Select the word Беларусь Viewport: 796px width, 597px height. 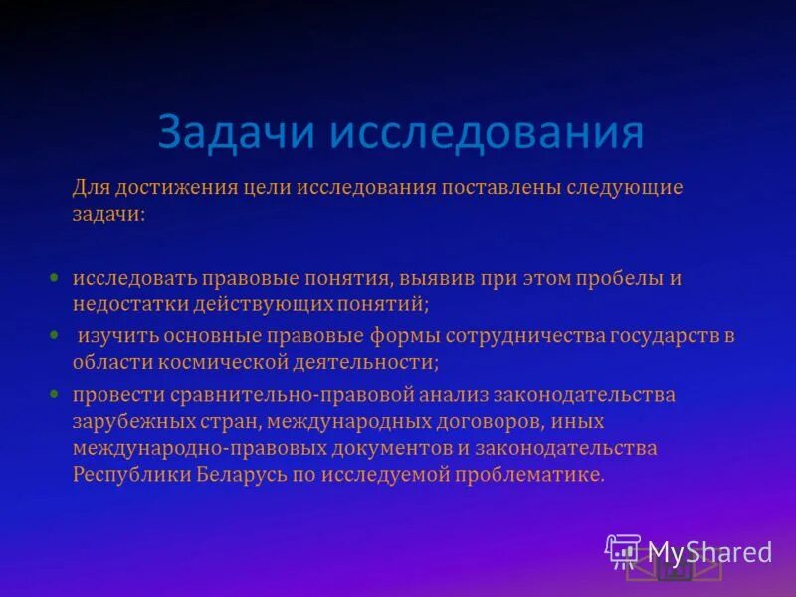click(239, 474)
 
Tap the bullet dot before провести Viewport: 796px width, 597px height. click(57, 393)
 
